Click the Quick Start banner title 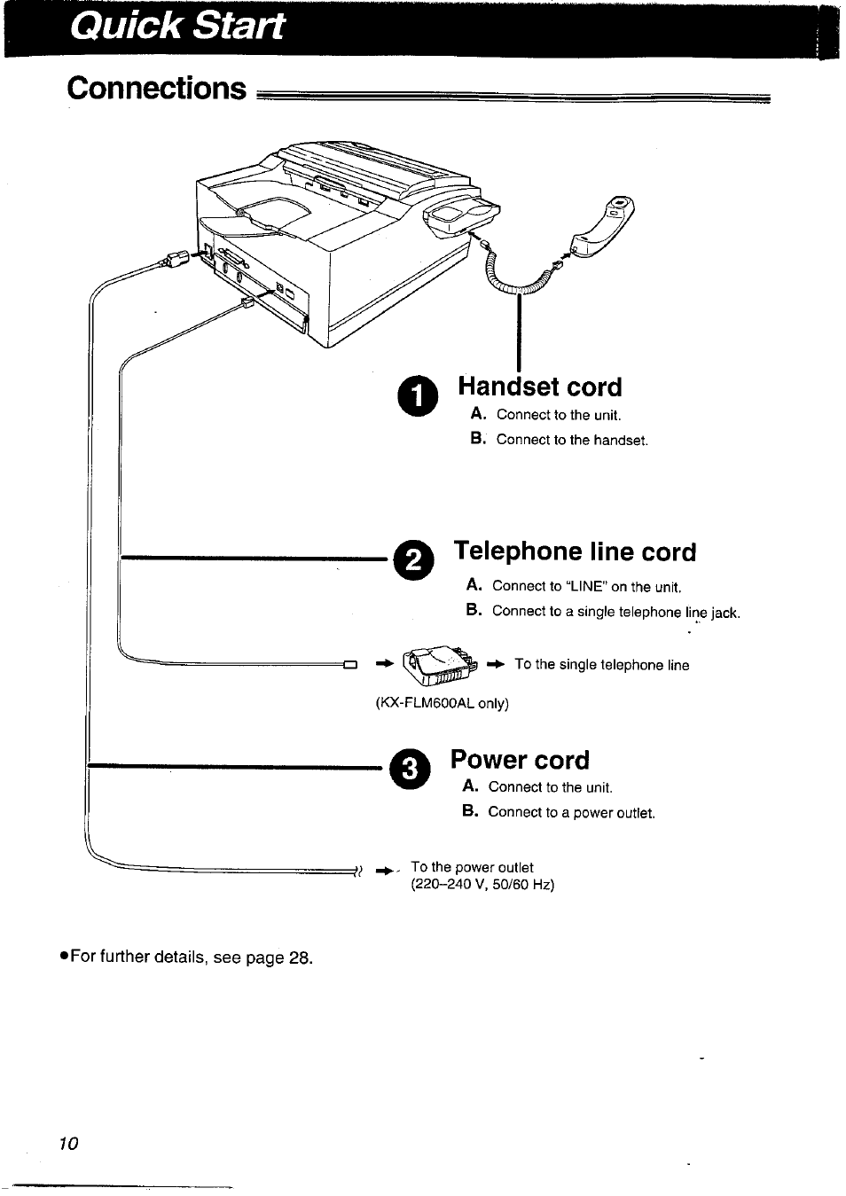tap(177, 27)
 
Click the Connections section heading tap(157, 89)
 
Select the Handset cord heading tap(539, 387)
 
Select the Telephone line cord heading tap(575, 551)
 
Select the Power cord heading tap(520, 760)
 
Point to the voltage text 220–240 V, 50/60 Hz tap(482, 885)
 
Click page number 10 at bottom tap(69, 1144)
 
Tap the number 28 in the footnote tap(300, 958)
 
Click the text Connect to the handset tap(572, 440)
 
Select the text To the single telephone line tap(601, 665)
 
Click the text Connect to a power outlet tap(571, 812)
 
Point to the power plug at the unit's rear tap(174, 260)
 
